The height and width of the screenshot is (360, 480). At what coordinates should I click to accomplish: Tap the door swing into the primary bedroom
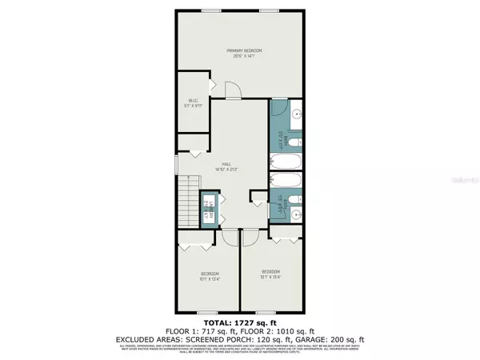(x=231, y=90)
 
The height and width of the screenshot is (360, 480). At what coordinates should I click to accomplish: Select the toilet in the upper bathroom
(x=293, y=142)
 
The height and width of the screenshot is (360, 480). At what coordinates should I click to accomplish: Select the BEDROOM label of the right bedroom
(x=271, y=272)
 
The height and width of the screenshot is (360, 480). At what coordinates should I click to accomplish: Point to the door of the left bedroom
(x=227, y=236)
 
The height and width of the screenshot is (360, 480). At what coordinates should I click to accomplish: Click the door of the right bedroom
(x=248, y=236)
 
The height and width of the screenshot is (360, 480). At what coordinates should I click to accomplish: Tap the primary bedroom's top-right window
(x=270, y=10)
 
